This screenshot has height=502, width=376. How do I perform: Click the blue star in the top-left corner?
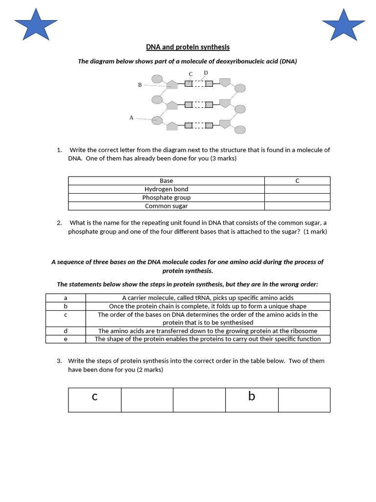(36, 25)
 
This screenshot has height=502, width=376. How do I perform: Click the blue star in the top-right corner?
(343, 25)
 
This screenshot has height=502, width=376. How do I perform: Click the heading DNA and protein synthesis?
(188, 47)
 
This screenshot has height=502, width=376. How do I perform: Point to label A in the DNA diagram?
(131, 118)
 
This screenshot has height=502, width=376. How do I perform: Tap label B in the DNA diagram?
(140, 85)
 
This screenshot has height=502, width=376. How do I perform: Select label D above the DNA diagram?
(206, 73)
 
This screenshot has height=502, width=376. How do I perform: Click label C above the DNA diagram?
(191, 74)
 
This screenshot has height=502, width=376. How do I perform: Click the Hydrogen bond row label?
(166, 189)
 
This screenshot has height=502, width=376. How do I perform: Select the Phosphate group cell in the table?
(166, 198)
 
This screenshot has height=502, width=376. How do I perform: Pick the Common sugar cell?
(166, 206)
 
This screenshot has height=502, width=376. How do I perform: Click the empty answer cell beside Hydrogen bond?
(297, 189)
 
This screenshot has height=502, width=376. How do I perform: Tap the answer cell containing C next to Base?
(297, 181)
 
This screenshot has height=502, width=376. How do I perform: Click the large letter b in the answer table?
(252, 397)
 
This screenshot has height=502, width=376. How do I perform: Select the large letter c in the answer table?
(94, 397)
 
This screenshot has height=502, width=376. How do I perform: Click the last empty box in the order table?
(304, 400)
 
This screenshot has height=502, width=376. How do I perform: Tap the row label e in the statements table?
(66, 339)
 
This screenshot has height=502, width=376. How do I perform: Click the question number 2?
(59, 223)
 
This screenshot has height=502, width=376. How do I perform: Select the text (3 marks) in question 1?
(223, 158)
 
